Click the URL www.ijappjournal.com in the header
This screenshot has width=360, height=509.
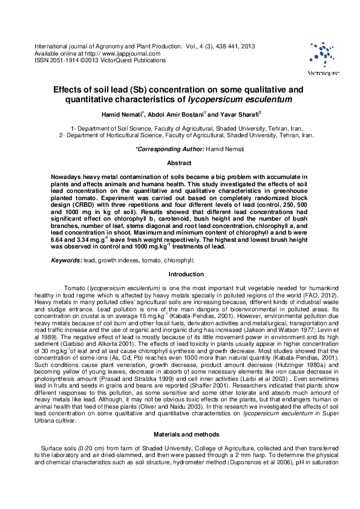pyautogui.click(x=129, y=54)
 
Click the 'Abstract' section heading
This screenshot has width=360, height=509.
pyautogui.click(x=180, y=163)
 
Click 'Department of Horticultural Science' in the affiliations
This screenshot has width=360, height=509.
pyautogui.click(x=116, y=136)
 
